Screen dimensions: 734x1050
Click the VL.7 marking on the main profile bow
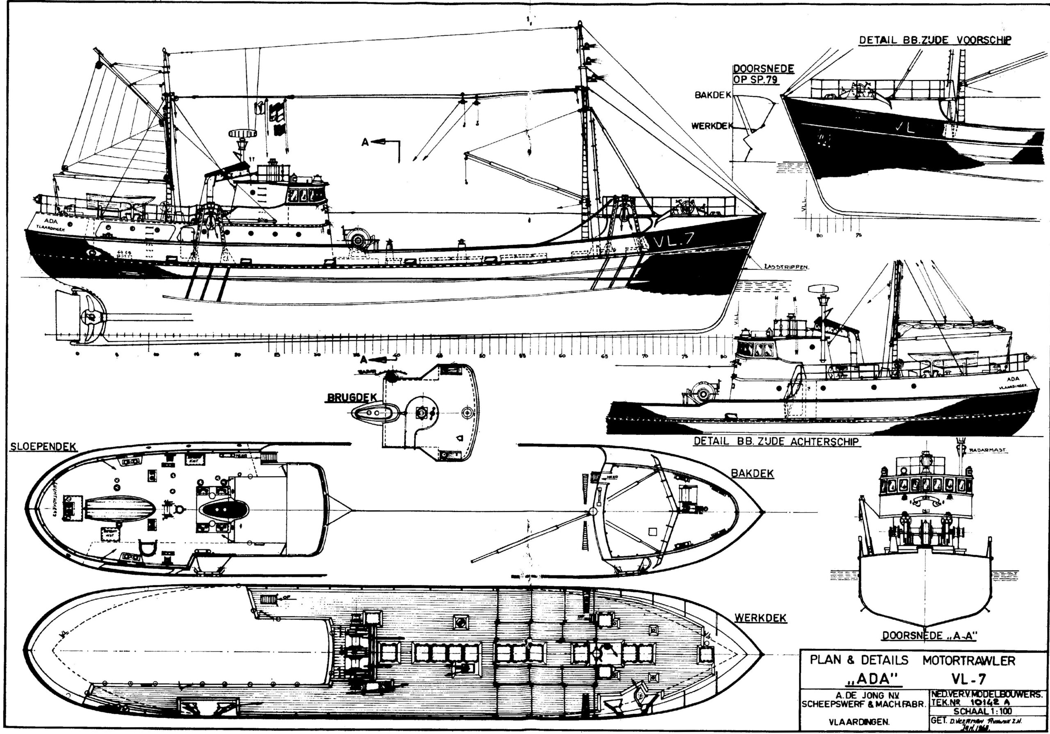(x=673, y=240)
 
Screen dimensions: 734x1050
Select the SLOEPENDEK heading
(x=43, y=447)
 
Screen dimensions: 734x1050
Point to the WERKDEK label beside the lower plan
(x=760, y=618)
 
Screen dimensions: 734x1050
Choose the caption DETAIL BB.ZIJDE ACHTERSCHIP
(x=776, y=442)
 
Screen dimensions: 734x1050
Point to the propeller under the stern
(x=91, y=317)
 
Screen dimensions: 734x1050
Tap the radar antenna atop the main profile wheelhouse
(x=242, y=133)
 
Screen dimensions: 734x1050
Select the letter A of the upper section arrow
(x=365, y=142)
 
